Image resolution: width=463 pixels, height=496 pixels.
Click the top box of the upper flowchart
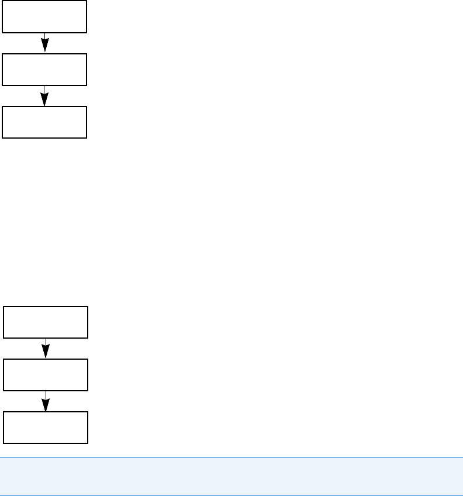point(44,16)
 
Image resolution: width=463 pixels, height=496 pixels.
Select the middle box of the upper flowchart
point(44,70)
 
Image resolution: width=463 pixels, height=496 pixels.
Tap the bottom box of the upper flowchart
point(44,122)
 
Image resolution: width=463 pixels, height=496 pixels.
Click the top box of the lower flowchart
point(46,322)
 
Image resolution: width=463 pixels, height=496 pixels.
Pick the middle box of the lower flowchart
point(46,374)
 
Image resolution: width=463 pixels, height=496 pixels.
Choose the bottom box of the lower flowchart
point(46,427)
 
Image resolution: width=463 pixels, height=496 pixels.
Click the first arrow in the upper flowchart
point(44,43)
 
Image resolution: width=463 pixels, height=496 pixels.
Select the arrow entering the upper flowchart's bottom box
point(44,96)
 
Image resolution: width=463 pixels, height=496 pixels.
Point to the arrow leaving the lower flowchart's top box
point(46,349)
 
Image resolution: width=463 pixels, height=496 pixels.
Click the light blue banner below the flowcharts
point(231,469)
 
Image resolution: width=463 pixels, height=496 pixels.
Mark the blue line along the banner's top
point(231,457)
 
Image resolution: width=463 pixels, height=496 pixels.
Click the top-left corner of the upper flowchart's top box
point(2,1)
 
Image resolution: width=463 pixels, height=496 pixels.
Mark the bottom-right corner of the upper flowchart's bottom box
point(87,138)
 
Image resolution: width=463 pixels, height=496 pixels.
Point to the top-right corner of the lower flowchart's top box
point(88,306)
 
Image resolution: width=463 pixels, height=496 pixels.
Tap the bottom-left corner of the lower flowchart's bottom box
point(4,443)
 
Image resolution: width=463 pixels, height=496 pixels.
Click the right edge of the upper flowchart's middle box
point(87,70)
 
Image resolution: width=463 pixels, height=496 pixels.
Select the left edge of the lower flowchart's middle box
point(4,374)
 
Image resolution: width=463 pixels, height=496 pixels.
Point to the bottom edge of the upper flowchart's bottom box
point(44,138)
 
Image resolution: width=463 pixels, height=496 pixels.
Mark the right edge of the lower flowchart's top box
point(88,322)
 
